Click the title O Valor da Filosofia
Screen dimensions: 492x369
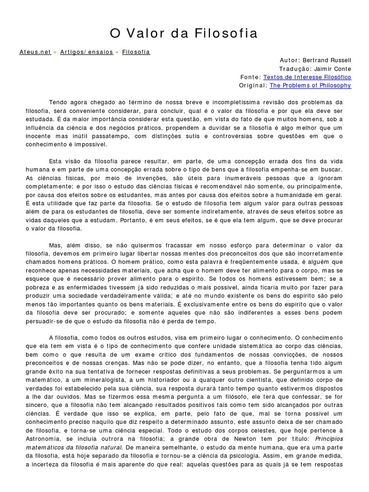184,33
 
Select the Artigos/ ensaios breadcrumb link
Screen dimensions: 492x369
86,52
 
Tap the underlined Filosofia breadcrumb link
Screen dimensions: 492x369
136,52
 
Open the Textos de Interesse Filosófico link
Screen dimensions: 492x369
307,77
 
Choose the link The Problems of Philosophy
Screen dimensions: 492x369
310,86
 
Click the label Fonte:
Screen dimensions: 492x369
251,77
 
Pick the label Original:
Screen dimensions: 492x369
253,86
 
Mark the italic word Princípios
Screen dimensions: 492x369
329,439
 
